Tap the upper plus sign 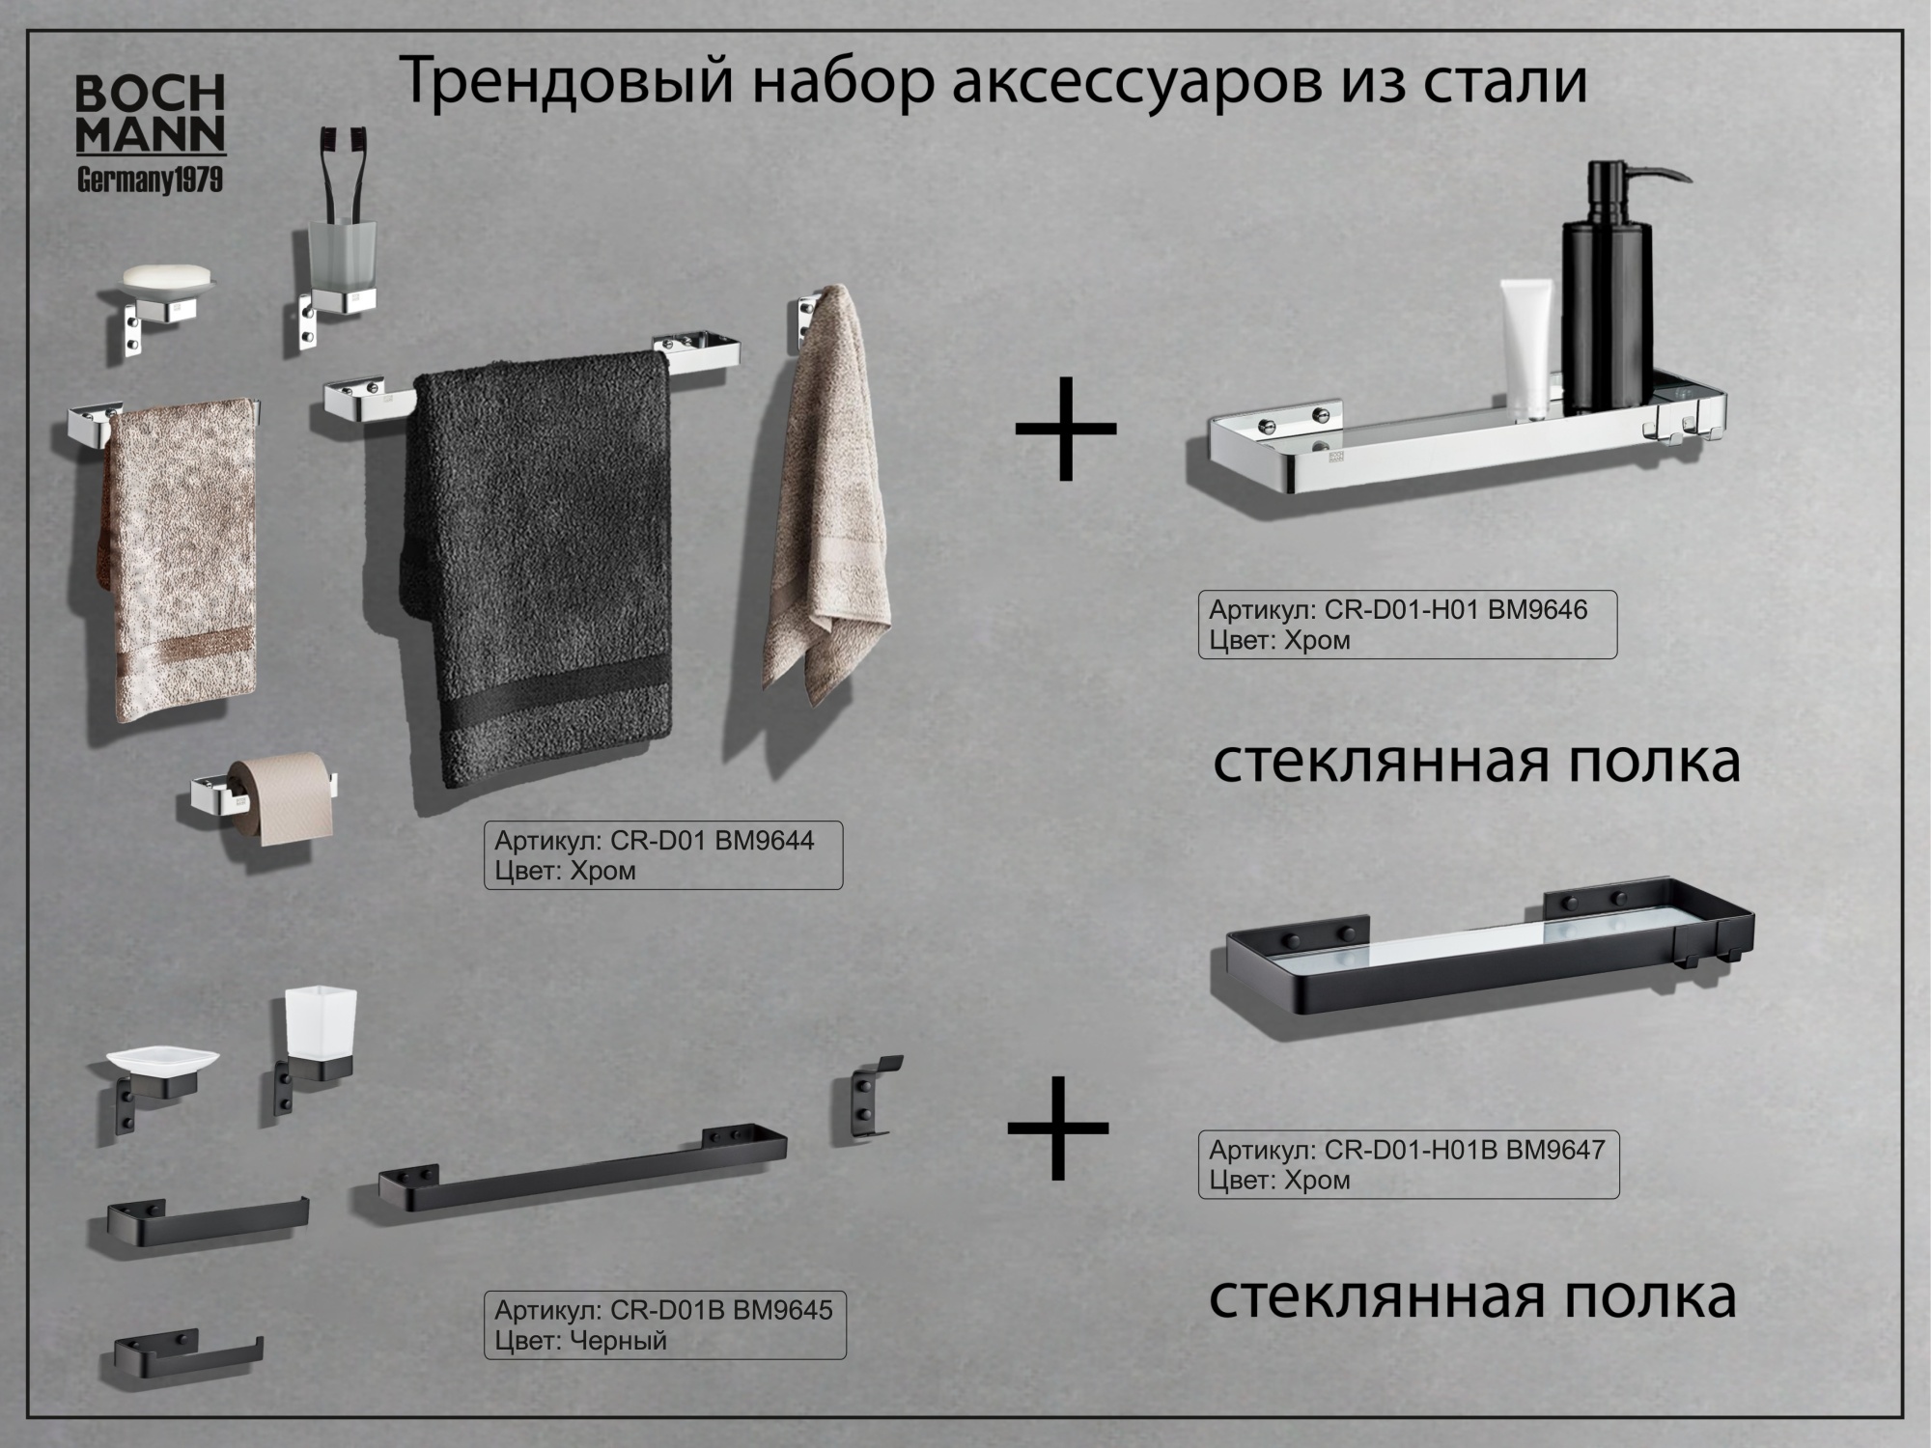coord(1065,429)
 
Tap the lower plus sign coord(1057,1128)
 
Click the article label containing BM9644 coord(662,855)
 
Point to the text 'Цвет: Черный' coord(580,1340)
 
